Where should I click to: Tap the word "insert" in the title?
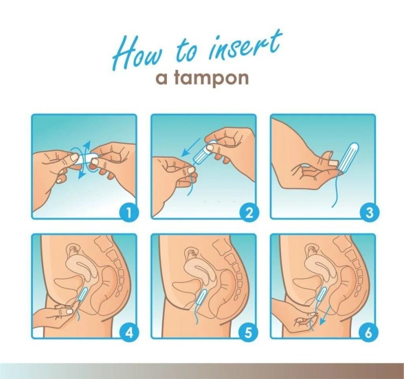point(245,44)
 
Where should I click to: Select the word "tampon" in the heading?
point(212,78)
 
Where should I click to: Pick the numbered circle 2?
point(248,213)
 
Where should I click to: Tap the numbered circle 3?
point(369,213)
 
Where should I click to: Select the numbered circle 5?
point(248,333)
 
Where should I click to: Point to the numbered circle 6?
point(369,333)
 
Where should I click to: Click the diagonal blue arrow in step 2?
point(191,147)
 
